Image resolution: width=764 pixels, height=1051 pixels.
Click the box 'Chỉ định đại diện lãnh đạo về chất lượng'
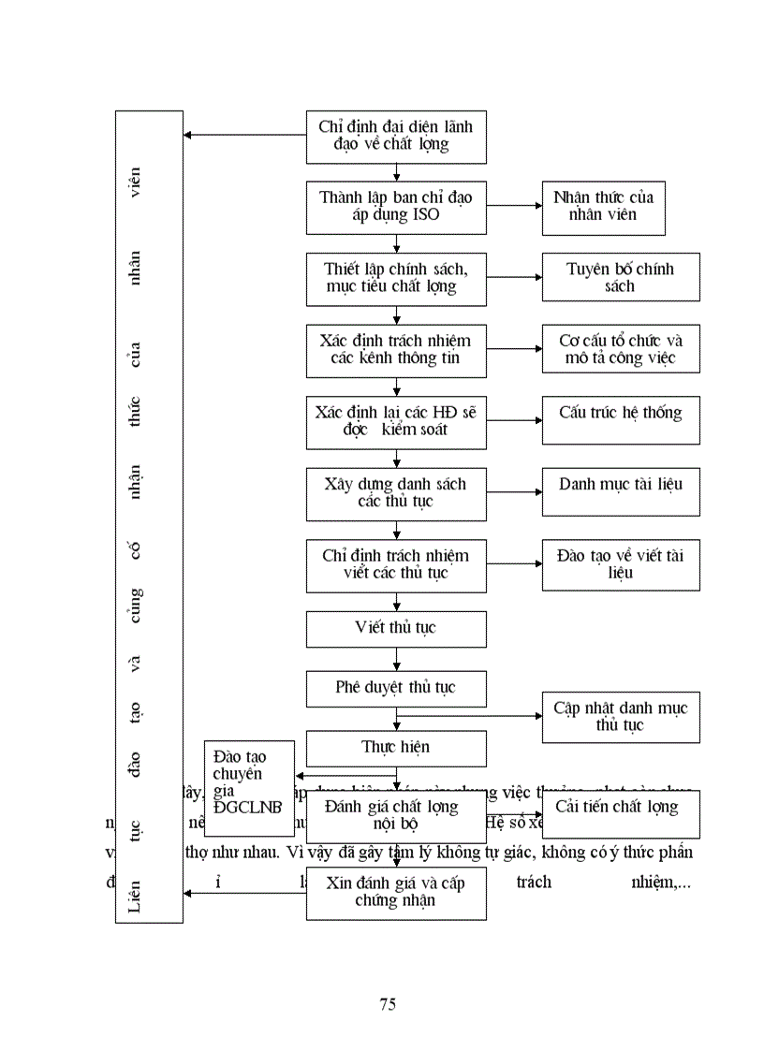click(x=396, y=137)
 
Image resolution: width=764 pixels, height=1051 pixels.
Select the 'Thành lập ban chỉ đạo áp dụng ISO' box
click(x=396, y=207)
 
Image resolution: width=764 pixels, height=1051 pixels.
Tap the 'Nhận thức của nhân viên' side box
click(x=603, y=207)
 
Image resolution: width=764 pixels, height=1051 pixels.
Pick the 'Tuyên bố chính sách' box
click(x=620, y=277)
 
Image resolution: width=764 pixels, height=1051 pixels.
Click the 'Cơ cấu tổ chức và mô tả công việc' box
click(x=620, y=349)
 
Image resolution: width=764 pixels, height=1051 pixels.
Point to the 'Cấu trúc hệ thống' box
click(x=620, y=419)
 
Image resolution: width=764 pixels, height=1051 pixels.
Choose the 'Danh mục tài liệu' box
click(x=620, y=491)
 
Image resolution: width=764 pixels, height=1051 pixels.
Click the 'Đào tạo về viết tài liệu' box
click(x=620, y=563)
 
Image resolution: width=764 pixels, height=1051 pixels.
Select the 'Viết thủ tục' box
click(x=396, y=629)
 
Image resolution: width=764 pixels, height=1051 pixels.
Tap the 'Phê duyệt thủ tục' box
click(x=396, y=689)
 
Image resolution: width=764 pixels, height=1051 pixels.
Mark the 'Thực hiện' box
click(x=396, y=748)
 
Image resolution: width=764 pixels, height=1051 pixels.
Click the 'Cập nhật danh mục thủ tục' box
click(x=620, y=717)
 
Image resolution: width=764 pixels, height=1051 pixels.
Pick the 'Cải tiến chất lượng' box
click(x=620, y=813)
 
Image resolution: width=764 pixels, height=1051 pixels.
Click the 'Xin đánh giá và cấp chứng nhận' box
click(x=396, y=893)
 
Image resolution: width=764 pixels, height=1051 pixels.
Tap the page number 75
click(x=388, y=1005)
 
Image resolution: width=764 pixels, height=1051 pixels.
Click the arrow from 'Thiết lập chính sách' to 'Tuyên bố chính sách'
click(x=514, y=277)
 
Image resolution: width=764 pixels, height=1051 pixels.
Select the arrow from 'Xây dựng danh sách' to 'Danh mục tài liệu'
click(x=514, y=491)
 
